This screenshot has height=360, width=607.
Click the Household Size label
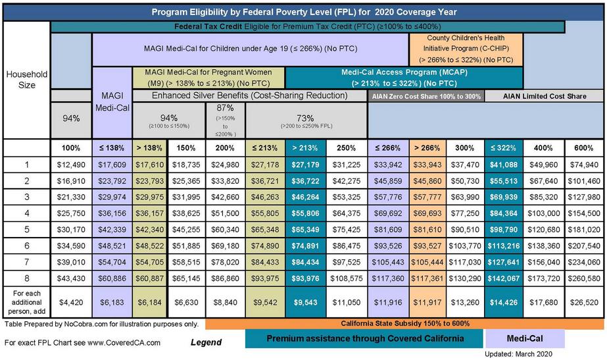tap(27, 80)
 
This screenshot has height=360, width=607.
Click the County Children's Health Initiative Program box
tap(466, 49)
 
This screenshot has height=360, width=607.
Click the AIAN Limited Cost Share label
tap(544, 96)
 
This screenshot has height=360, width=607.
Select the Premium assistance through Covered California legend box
tap(364, 338)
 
